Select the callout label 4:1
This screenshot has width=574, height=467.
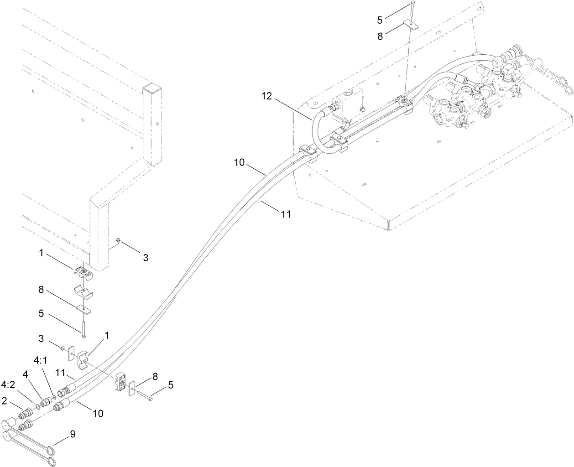click(41, 360)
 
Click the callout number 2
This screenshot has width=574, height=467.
click(4, 401)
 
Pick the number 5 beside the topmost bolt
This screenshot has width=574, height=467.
click(380, 20)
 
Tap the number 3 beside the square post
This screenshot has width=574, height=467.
click(146, 258)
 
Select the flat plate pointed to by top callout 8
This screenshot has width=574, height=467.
click(411, 26)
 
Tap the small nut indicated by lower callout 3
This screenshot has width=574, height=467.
click(63, 348)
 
